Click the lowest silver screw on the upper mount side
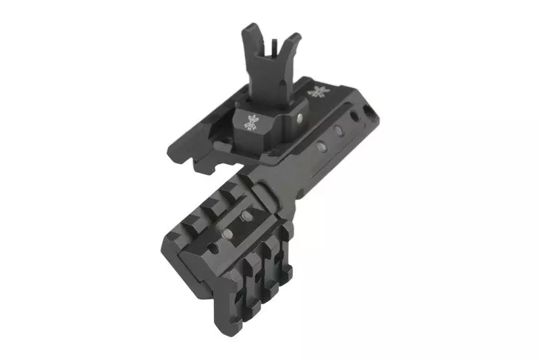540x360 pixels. tap(321, 143)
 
